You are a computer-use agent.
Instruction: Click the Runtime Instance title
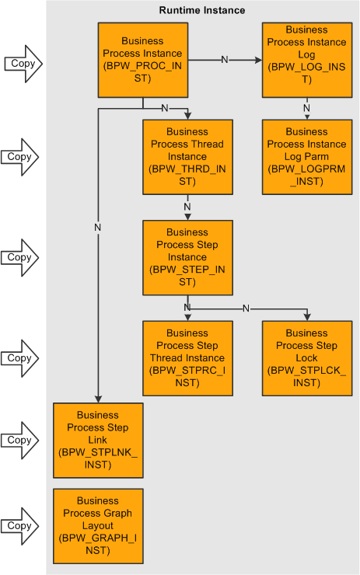(x=202, y=10)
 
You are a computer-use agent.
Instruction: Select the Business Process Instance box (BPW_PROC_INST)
(x=142, y=60)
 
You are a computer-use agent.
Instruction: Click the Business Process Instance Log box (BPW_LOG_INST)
(x=306, y=60)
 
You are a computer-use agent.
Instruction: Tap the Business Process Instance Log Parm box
(x=306, y=156)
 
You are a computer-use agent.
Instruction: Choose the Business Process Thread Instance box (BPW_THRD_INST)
(x=187, y=156)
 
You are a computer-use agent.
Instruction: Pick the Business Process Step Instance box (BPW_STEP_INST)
(x=187, y=257)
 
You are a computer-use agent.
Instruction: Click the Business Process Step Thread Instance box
(x=187, y=358)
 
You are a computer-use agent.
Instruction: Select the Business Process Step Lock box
(x=306, y=358)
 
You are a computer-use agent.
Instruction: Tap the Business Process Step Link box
(x=98, y=440)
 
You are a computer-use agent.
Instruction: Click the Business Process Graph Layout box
(x=98, y=525)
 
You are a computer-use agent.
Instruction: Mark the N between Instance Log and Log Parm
(x=306, y=108)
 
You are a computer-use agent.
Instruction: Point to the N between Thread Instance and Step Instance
(x=187, y=207)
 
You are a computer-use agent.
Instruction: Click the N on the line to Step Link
(x=98, y=228)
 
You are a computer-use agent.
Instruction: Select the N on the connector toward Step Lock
(x=246, y=308)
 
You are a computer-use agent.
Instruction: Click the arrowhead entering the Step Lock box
(x=306, y=316)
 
